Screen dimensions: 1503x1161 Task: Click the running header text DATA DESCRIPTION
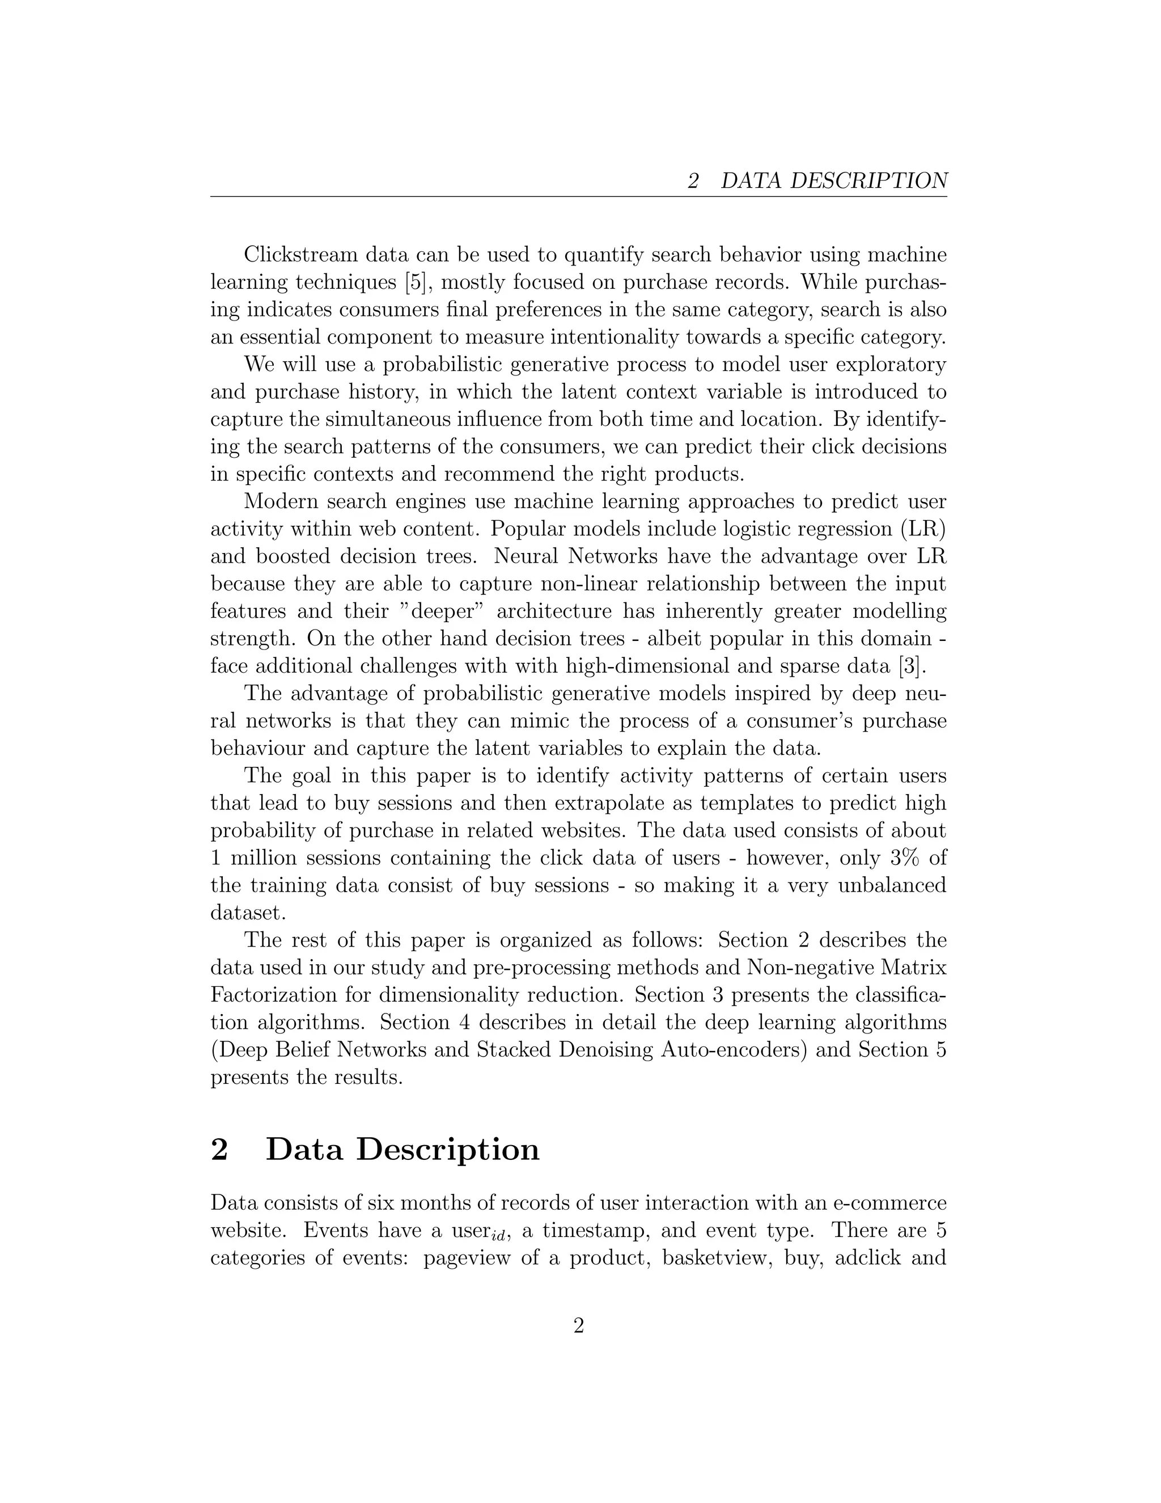point(833,181)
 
